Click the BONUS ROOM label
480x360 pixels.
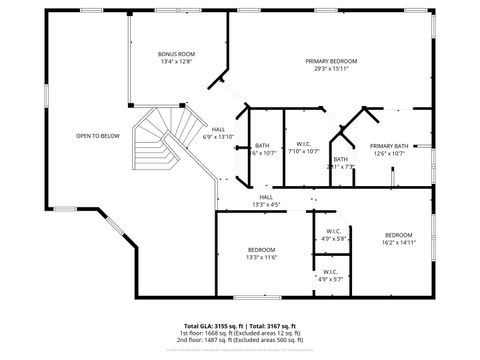[x=176, y=53]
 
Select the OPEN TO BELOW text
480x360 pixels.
[x=98, y=136]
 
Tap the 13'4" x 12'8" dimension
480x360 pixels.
[x=176, y=61]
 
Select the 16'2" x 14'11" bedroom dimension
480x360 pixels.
[x=398, y=242]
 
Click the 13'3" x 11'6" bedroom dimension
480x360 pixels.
[x=262, y=257]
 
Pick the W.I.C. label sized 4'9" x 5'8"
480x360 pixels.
[x=335, y=232]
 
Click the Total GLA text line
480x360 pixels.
[x=239, y=326]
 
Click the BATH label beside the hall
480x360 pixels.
[x=262, y=145]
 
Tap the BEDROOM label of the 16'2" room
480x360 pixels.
[x=398, y=234]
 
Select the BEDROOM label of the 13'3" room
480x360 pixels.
[x=262, y=249]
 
